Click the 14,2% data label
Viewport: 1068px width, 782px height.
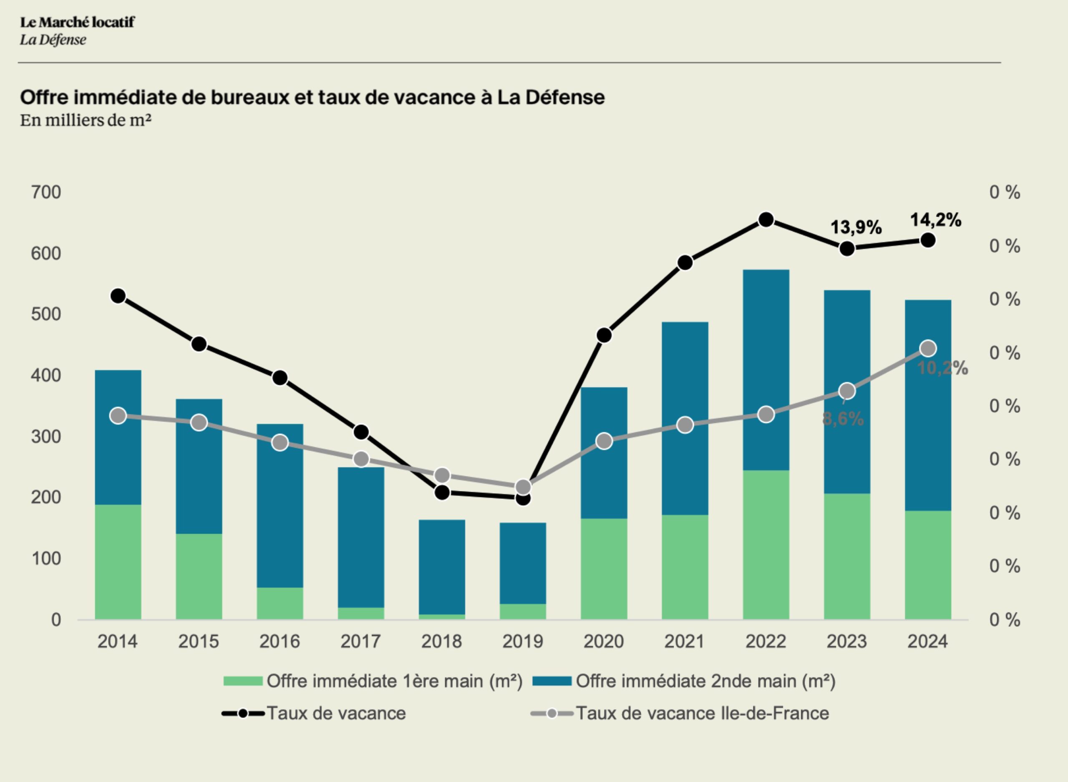(x=935, y=220)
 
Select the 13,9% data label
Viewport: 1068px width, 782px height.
(x=856, y=228)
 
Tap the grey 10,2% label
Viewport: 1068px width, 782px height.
(x=942, y=368)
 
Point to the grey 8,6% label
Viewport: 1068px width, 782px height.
(x=843, y=419)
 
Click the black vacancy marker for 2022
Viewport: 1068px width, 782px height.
(x=766, y=220)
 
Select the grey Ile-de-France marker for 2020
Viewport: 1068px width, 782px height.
(x=604, y=441)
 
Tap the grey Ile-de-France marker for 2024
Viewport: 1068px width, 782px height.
(x=928, y=349)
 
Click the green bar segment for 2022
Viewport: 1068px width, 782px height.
(x=766, y=544)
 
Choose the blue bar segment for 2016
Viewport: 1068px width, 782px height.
(x=280, y=505)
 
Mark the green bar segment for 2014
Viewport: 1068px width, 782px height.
(x=118, y=562)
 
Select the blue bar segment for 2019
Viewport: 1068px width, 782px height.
(x=523, y=563)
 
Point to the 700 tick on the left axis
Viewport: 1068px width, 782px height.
(x=46, y=193)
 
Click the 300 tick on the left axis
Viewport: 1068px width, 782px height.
(x=46, y=436)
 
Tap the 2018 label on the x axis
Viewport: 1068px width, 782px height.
(x=441, y=641)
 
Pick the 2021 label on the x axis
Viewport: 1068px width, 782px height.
(x=684, y=641)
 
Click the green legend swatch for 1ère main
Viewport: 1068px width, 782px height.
(x=243, y=681)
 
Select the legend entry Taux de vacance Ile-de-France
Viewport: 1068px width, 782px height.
(x=702, y=713)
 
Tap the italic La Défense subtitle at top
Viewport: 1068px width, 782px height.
(x=53, y=40)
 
